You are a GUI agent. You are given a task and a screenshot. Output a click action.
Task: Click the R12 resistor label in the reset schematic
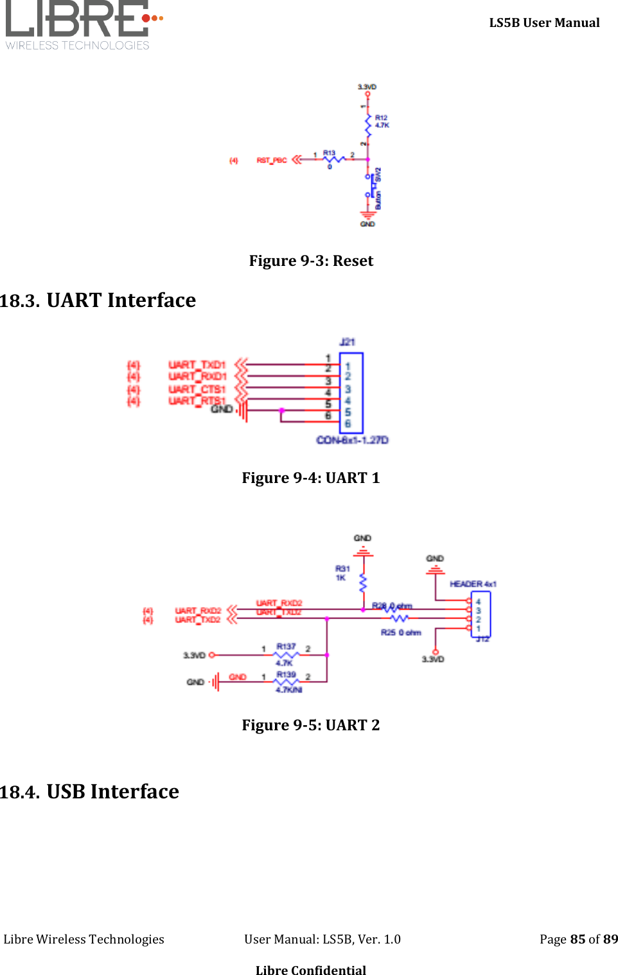click(381, 118)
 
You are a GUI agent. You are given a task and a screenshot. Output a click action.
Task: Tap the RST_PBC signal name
click(272, 161)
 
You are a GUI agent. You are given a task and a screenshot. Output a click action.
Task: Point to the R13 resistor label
click(329, 154)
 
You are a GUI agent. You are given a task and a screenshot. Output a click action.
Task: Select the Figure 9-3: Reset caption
click(311, 261)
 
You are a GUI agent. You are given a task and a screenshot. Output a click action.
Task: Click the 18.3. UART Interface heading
click(98, 301)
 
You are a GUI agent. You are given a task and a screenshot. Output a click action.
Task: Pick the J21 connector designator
click(347, 342)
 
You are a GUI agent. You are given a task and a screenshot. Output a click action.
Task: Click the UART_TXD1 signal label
click(197, 365)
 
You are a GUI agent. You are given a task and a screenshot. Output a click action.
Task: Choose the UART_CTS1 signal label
click(197, 389)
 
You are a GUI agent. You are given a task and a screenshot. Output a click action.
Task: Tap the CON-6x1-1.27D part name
click(352, 440)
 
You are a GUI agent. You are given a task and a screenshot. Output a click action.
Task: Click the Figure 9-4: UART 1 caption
click(311, 478)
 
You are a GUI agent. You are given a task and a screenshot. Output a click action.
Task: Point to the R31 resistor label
click(342, 568)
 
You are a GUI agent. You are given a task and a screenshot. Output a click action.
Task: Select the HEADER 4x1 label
click(473, 584)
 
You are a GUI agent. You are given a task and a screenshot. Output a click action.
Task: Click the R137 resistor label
click(286, 647)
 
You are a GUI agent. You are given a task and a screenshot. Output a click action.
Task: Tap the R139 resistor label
click(286, 675)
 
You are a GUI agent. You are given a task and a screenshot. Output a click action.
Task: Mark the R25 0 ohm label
click(401, 633)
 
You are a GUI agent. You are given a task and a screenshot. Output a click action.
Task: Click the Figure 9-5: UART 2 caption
click(311, 725)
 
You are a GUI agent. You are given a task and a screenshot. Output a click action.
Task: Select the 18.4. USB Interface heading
click(90, 792)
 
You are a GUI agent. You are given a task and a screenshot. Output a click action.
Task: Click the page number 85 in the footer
click(578, 939)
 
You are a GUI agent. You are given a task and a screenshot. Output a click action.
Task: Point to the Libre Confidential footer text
click(311, 970)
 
